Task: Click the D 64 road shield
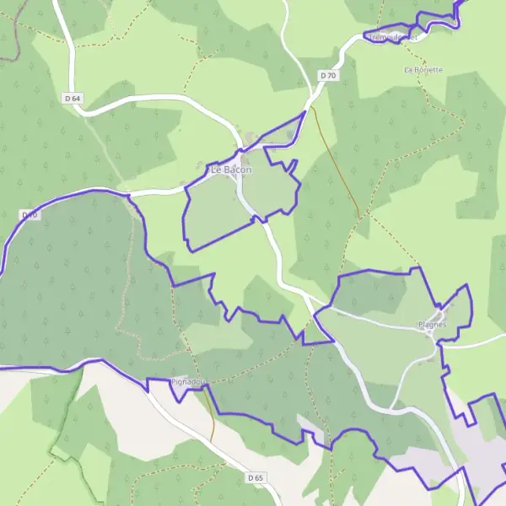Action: pos(73,99)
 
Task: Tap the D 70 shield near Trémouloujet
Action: pos(328,76)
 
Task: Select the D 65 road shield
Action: pos(256,478)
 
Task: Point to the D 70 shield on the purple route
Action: pos(30,216)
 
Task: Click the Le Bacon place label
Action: pos(231,170)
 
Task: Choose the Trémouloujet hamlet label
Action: pos(393,37)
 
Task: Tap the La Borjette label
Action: pos(423,69)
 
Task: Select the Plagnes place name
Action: pos(433,325)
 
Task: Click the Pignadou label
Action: pos(187,382)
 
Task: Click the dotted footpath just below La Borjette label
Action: pos(427,84)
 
